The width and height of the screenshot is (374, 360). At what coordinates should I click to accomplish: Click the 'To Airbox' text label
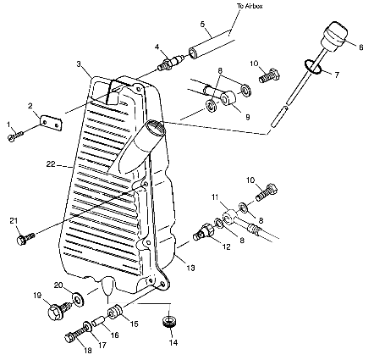pyautogui.click(x=250, y=6)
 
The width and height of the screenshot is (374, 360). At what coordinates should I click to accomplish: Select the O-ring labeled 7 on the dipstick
pyautogui.click(x=313, y=68)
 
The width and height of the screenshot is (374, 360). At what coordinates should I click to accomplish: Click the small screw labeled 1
pyautogui.click(x=15, y=136)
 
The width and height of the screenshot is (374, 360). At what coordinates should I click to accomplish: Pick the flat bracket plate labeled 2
pyautogui.click(x=52, y=124)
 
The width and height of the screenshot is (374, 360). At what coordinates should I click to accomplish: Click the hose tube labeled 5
pyautogui.click(x=212, y=46)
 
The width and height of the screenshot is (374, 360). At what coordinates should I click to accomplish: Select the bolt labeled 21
pyautogui.click(x=25, y=239)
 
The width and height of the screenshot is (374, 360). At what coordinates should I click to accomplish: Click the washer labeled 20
pyautogui.click(x=78, y=299)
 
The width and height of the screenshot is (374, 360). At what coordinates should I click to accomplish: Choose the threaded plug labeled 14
pyautogui.click(x=169, y=322)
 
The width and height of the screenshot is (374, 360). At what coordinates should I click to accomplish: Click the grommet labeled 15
pyautogui.click(x=114, y=312)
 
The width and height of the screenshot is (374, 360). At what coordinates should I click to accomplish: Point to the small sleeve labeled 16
pyautogui.click(x=99, y=322)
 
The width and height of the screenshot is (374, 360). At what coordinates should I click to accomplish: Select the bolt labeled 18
pyautogui.click(x=74, y=335)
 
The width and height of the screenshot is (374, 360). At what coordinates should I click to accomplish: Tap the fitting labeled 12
pyautogui.click(x=204, y=231)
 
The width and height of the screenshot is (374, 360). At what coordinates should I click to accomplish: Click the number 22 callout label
pyautogui.click(x=51, y=163)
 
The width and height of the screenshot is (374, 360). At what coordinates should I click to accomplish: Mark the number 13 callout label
pyautogui.click(x=190, y=268)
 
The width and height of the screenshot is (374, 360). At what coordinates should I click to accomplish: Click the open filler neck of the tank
pyautogui.click(x=155, y=126)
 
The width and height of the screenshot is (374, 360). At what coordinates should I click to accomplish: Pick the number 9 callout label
pyautogui.click(x=247, y=117)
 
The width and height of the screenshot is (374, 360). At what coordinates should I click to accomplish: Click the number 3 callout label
pyautogui.click(x=79, y=64)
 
